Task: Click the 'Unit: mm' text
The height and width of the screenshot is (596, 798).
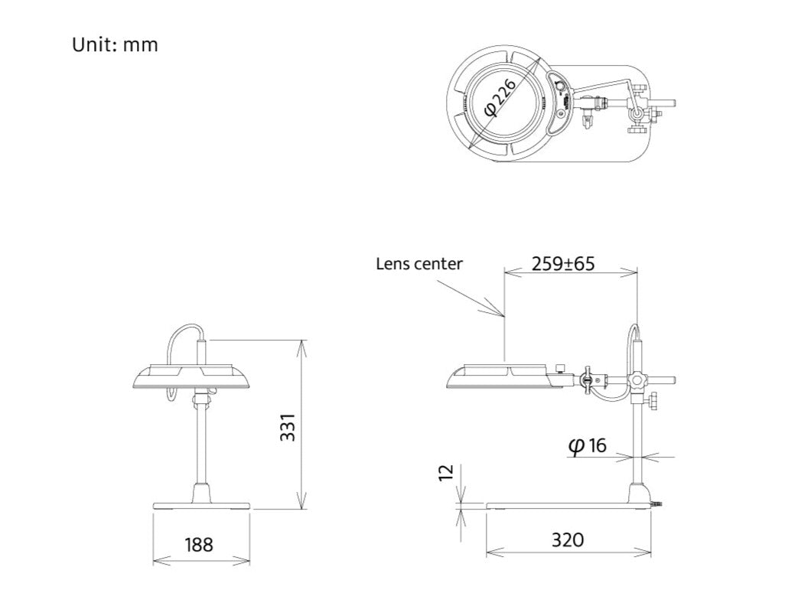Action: click(115, 45)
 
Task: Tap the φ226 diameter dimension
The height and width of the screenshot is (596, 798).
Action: click(501, 98)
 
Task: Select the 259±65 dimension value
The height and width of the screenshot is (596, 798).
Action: click(563, 264)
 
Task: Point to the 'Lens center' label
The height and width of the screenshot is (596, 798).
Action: click(419, 264)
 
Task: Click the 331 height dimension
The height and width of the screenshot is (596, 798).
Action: click(288, 428)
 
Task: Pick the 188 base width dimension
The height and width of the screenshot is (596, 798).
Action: click(198, 545)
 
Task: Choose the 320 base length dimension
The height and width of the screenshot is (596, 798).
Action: click(568, 539)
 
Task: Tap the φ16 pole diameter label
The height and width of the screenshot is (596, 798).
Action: click(588, 446)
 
